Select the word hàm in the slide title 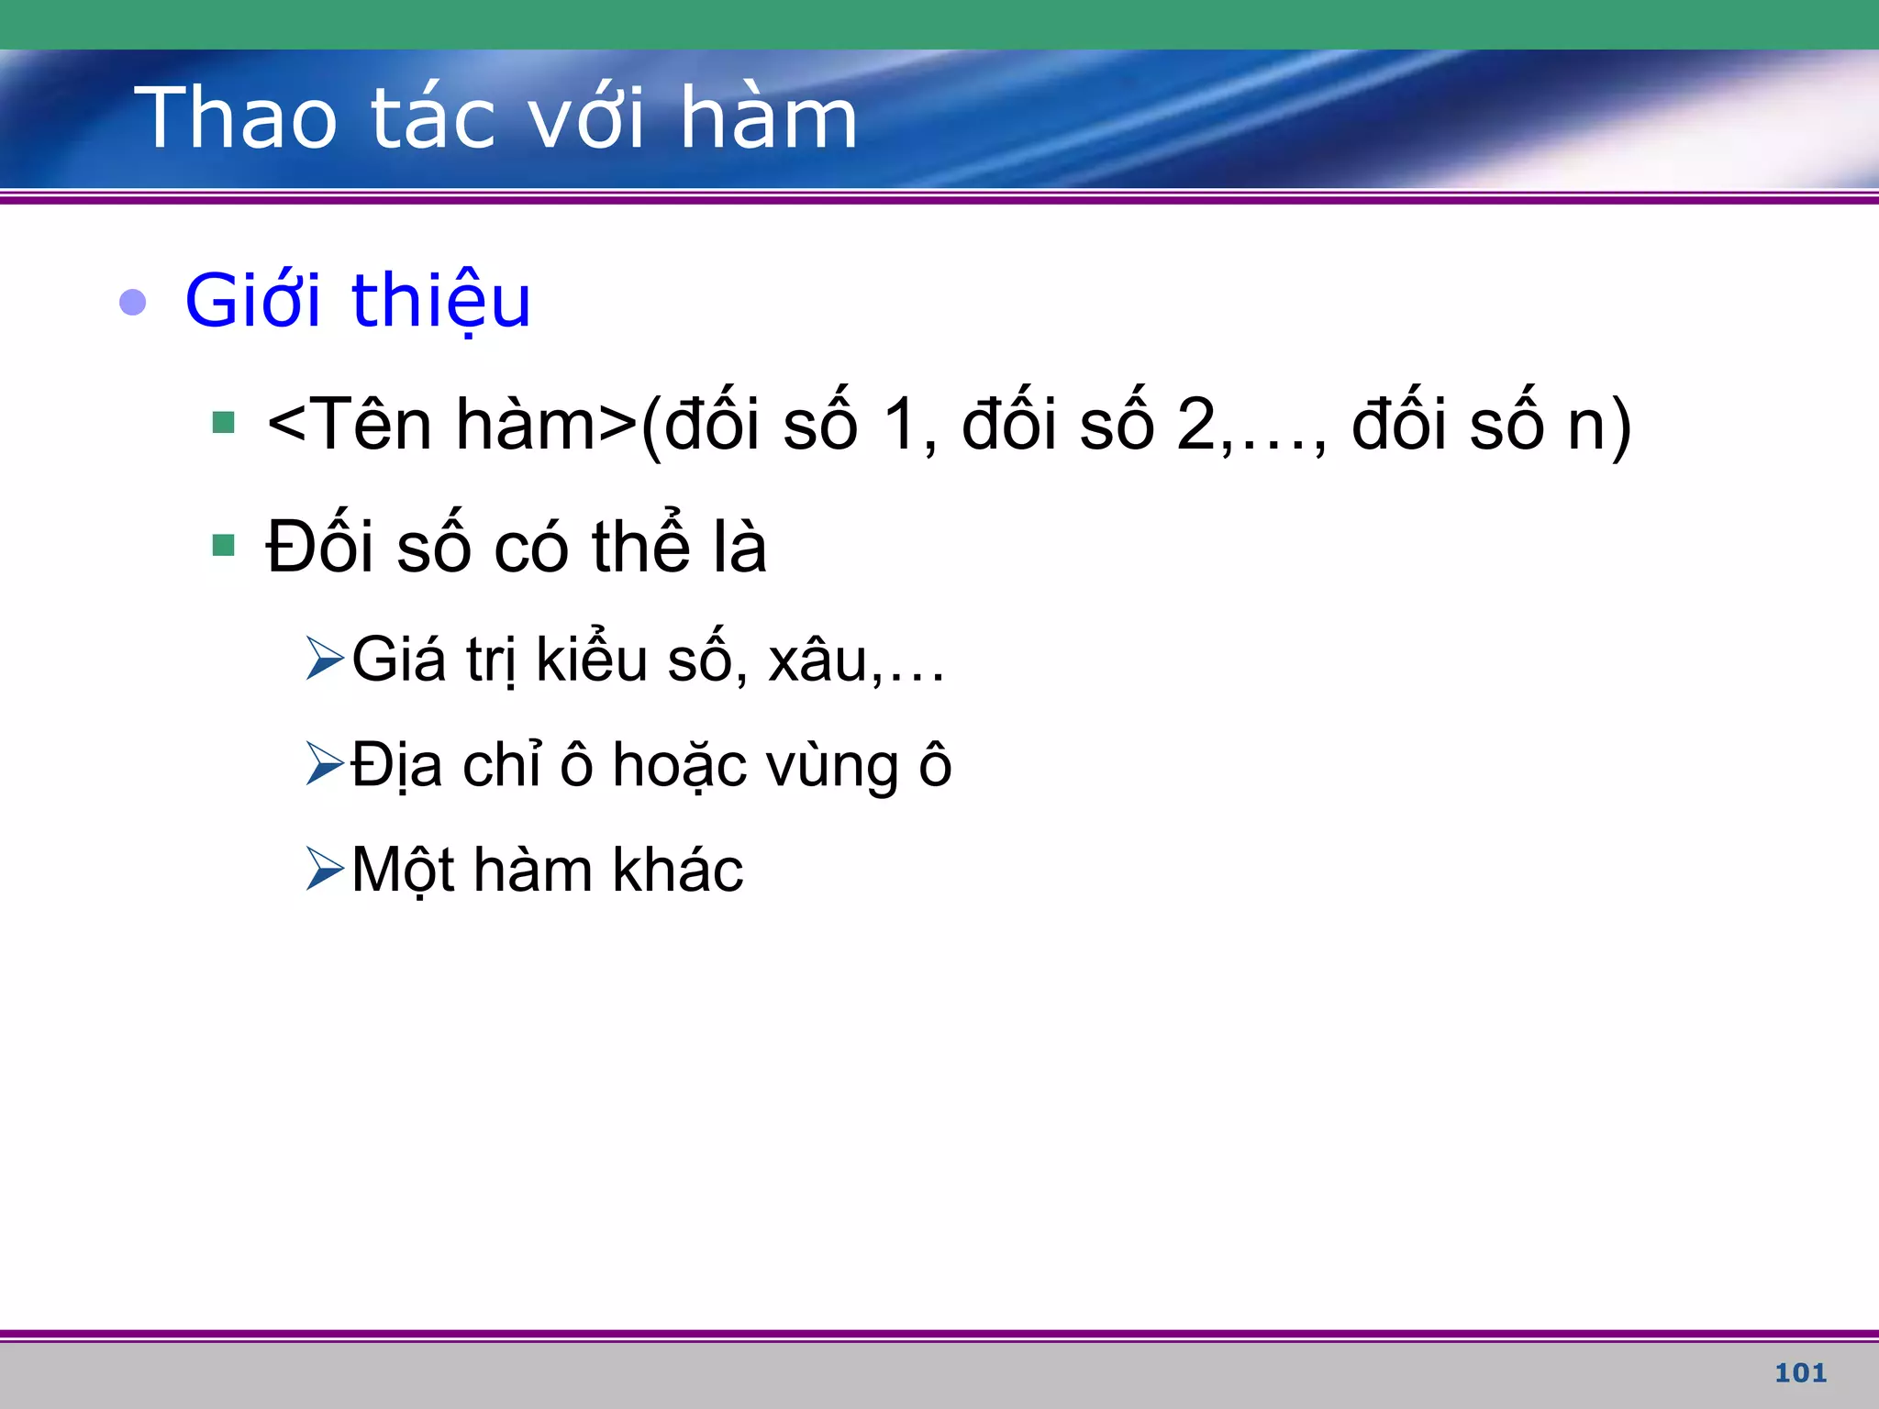[x=768, y=118]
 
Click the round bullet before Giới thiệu [x=133, y=302]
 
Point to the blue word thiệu [x=440, y=302]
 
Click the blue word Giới [x=253, y=302]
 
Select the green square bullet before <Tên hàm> [x=223, y=423]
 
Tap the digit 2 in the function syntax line [x=1195, y=425]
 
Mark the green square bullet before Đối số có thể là [x=223, y=546]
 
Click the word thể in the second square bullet [x=640, y=547]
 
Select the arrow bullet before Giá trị [x=324, y=659]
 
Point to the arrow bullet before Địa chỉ [x=324, y=764]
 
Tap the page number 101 [x=1800, y=1373]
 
